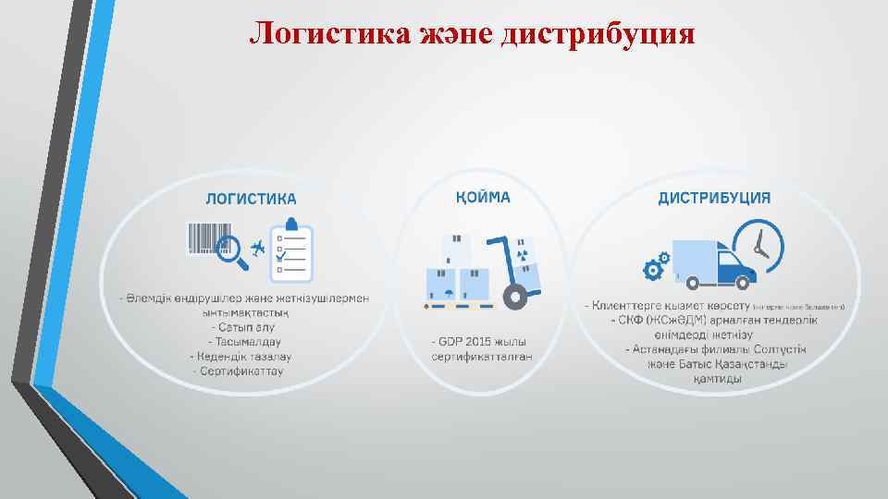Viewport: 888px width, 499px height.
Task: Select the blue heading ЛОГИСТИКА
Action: tap(251, 198)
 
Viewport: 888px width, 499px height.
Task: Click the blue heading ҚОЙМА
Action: tap(482, 197)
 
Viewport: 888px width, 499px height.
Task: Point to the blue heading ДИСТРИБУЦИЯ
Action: tap(714, 198)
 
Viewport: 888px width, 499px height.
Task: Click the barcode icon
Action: tap(206, 237)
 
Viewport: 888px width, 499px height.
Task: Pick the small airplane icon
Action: tap(257, 247)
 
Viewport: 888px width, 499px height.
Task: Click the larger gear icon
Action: tap(653, 270)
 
